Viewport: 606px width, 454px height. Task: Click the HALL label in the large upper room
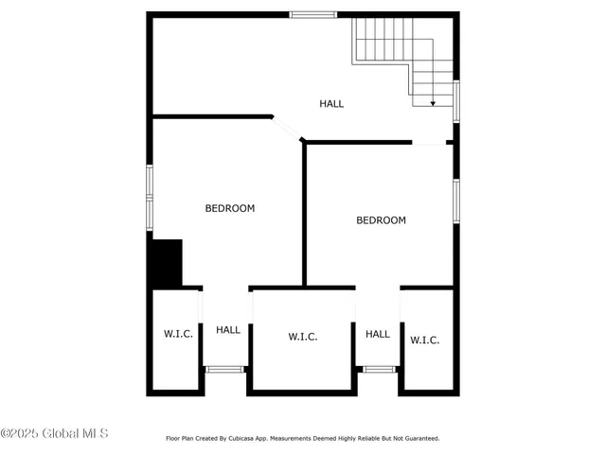pyautogui.click(x=331, y=104)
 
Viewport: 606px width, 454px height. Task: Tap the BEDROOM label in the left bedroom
pyautogui.click(x=230, y=208)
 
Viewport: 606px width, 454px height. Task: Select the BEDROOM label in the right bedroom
pyautogui.click(x=381, y=220)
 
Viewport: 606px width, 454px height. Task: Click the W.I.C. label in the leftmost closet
pyautogui.click(x=178, y=334)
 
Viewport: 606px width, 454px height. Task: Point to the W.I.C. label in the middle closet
pyautogui.click(x=302, y=337)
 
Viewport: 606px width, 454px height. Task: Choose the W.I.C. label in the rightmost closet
pyautogui.click(x=424, y=340)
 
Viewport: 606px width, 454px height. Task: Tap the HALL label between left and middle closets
pyautogui.click(x=228, y=330)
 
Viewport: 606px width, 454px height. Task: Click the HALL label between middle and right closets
pyautogui.click(x=378, y=334)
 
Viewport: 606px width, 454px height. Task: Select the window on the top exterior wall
pyautogui.click(x=312, y=14)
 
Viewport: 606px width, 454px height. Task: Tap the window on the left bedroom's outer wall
pyautogui.click(x=149, y=197)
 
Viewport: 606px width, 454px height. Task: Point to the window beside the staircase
pyautogui.click(x=456, y=100)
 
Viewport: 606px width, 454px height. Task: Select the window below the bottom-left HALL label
pyautogui.click(x=225, y=369)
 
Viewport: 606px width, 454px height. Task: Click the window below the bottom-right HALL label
pyautogui.click(x=378, y=369)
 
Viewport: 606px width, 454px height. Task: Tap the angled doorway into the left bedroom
pyautogui.click(x=287, y=130)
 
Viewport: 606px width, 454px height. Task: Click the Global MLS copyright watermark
pyautogui.click(x=54, y=434)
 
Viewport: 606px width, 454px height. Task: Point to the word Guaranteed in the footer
pyautogui.click(x=418, y=439)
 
